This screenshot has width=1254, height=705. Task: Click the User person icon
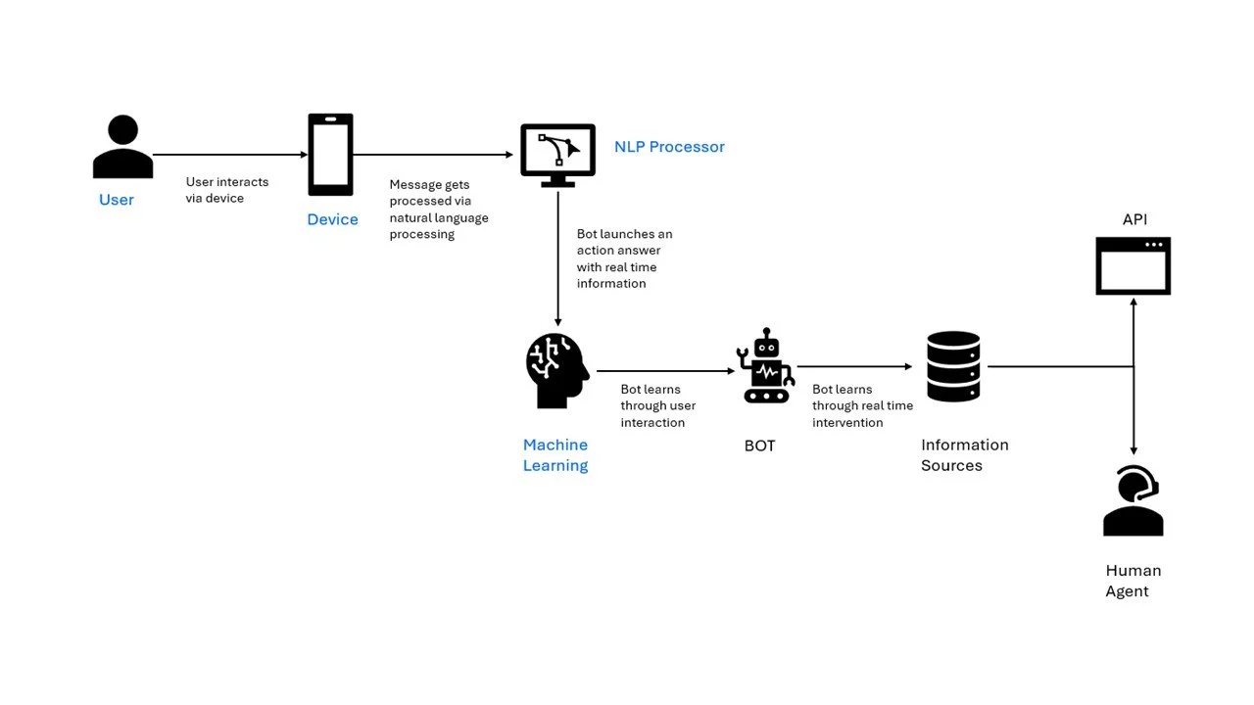(122, 147)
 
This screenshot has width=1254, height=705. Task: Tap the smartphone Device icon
(330, 155)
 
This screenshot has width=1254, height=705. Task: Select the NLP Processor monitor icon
(557, 156)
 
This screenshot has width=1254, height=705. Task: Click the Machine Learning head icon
(557, 370)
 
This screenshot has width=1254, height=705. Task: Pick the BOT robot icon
(765, 366)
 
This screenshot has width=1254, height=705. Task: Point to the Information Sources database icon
(953, 366)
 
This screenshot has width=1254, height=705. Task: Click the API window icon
(1133, 265)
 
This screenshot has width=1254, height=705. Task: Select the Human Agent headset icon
(1133, 500)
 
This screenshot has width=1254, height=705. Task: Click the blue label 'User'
(117, 200)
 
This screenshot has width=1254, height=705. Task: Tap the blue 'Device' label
(332, 219)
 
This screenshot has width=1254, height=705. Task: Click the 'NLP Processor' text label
(669, 147)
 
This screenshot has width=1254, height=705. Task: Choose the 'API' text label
(1134, 219)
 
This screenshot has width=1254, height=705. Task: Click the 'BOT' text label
(759, 446)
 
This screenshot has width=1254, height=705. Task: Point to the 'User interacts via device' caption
(227, 190)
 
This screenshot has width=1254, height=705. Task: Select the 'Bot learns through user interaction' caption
(657, 405)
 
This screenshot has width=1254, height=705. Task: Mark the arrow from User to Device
(230, 155)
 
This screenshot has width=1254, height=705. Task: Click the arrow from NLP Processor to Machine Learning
(557, 259)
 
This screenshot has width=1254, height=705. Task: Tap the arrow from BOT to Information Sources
(855, 366)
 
